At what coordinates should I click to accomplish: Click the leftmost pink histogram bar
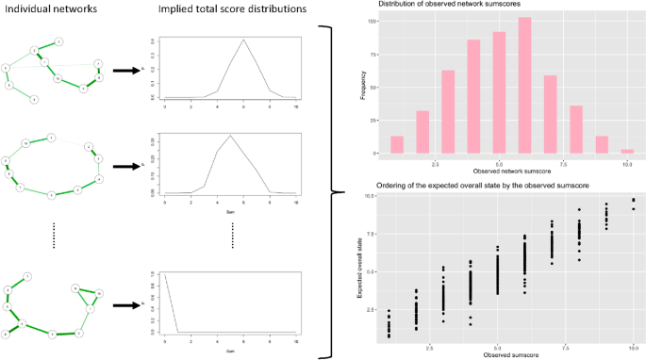(397, 144)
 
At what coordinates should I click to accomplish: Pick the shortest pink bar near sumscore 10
(627, 151)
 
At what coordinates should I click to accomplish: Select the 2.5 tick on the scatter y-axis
(376, 308)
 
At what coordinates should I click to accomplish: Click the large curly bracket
(330, 192)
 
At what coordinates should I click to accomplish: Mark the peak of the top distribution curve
(243, 40)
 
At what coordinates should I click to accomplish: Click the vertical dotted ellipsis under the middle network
(56, 236)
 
